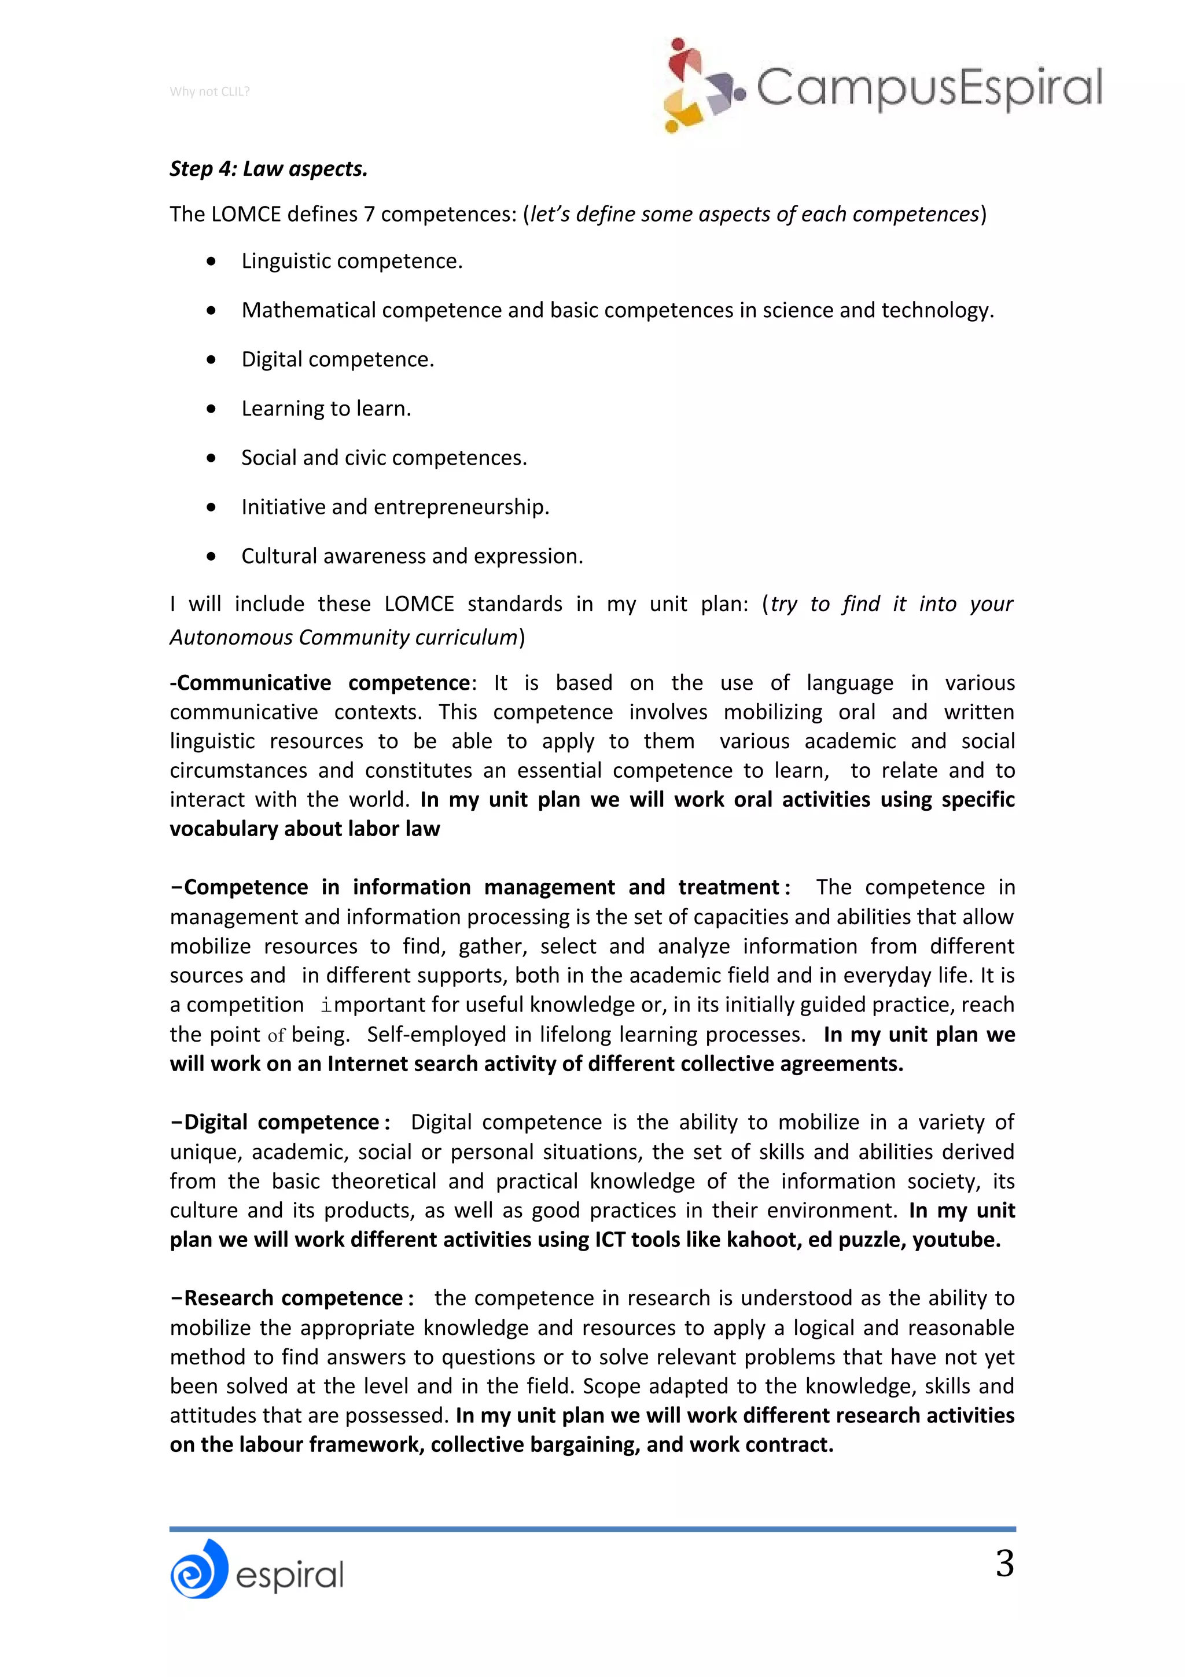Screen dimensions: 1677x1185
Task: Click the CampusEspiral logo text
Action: (928, 87)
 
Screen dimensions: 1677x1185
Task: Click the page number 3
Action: (1004, 1564)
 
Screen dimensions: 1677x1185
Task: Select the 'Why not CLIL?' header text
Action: (209, 91)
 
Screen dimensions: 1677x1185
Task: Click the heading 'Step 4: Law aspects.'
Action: (268, 169)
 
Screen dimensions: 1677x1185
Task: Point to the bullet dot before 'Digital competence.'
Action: (211, 359)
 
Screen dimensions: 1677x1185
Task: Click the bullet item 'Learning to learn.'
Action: (326, 409)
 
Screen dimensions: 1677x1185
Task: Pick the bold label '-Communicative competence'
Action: (320, 682)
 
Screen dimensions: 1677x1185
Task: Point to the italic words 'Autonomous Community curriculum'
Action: (344, 637)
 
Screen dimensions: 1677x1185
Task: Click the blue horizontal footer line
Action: (592, 1529)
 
